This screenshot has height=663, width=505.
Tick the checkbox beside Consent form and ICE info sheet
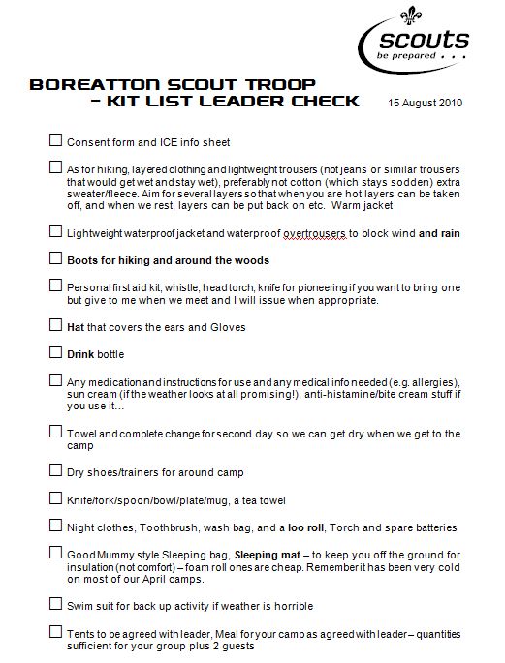55,141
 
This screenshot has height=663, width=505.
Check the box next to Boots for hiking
55,259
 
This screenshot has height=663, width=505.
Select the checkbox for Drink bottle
55,352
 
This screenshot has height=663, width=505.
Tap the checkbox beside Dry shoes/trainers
55,470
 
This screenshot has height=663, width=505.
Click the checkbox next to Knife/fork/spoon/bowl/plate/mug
55,498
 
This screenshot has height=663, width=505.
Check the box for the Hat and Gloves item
55,325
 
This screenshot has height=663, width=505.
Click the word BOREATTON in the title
86,84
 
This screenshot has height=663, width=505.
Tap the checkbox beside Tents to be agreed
55,631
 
